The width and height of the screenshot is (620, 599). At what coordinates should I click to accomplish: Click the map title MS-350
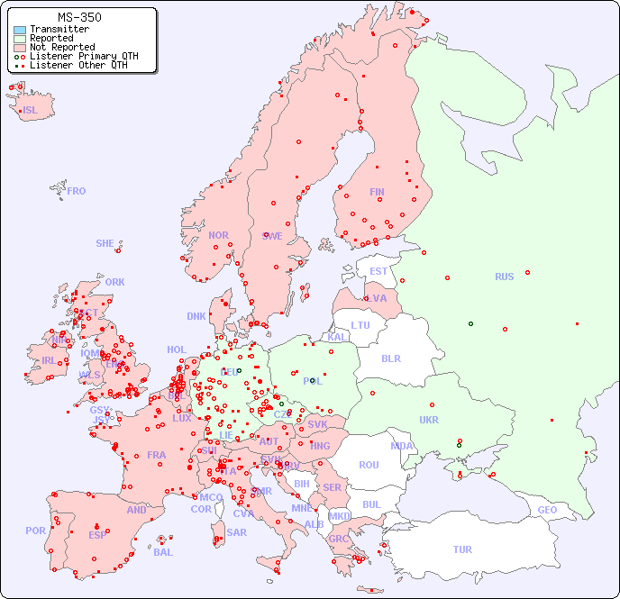tap(79, 17)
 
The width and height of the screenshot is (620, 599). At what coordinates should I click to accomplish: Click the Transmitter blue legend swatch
tap(20, 30)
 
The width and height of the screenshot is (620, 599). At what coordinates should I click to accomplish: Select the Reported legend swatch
tap(20, 39)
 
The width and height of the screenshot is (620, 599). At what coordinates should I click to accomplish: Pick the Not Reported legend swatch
tap(20, 48)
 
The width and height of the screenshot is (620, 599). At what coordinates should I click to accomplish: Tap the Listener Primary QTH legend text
tap(84, 56)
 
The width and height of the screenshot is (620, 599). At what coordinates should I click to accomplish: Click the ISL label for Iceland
tap(31, 111)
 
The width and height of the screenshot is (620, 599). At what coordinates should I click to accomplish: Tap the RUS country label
tap(504, 277)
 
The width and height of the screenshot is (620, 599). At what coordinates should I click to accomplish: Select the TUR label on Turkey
tap(462, 549)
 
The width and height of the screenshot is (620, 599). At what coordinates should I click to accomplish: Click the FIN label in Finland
tap(377, 192)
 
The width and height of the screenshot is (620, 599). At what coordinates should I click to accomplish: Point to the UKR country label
tap(429, 420)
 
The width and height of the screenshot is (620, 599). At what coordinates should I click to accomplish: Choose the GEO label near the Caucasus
tap(547, 510)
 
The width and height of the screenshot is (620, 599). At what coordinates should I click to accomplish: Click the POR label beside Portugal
tap(35, 531)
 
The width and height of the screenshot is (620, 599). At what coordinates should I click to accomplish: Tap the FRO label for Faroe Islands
tap(77, 191)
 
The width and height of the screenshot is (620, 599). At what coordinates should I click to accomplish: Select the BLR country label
tap(391, 358)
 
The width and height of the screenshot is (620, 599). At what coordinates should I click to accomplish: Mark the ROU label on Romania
tap(369, 465)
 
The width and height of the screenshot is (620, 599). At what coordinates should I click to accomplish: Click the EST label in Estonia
tap(378, 271)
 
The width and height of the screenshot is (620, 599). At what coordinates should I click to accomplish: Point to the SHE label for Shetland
tap(105, 243)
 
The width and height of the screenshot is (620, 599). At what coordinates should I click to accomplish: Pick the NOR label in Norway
tap(218, 235)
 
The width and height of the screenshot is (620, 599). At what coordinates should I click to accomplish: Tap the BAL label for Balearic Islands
tap(163, 552)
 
